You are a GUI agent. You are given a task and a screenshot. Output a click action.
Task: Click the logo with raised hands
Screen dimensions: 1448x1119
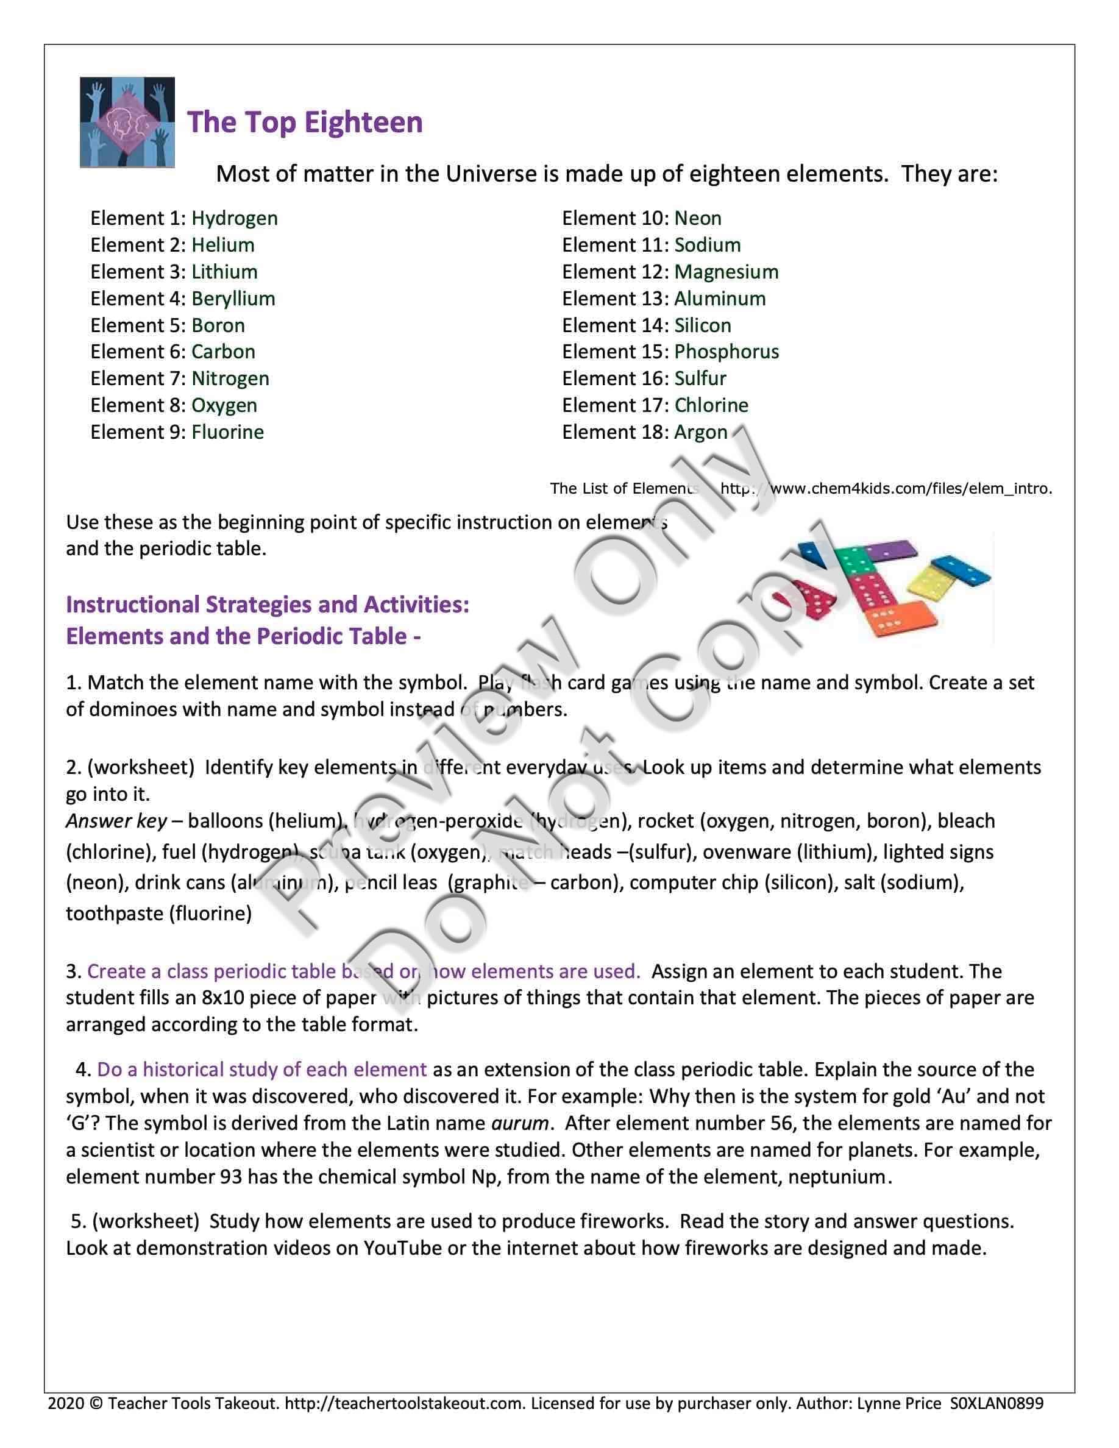pos(127,122)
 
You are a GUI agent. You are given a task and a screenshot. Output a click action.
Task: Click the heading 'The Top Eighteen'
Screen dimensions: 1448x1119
pos(305,122)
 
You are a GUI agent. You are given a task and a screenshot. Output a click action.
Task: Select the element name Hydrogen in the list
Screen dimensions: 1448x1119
pos(235,218)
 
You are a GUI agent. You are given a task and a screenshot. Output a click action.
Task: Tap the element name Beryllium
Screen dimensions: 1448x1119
pos(233,299)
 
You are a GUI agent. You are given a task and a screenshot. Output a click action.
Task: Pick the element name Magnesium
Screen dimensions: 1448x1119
pos(726,272)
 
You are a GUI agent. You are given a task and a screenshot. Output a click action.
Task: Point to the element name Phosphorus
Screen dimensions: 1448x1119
pos(726,352)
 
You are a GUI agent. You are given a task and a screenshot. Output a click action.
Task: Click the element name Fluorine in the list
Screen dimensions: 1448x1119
pos(227,432)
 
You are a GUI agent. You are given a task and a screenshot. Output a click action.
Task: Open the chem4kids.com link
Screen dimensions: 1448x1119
pos(886,489)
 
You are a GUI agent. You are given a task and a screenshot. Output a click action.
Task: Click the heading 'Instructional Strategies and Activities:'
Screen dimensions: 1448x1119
pos(268,605)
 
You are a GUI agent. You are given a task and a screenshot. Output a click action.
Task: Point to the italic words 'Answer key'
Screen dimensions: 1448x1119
pos(116,821)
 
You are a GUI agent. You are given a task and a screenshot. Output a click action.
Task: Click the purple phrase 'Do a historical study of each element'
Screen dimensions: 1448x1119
pos(262,1070)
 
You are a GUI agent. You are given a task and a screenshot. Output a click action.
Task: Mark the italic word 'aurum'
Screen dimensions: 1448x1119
pos(520,1123)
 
